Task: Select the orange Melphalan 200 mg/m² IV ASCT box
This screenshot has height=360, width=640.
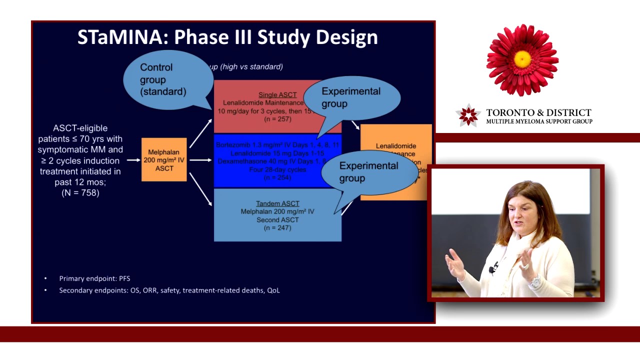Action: point(164,160)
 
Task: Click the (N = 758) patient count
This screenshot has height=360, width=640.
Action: point(80,193)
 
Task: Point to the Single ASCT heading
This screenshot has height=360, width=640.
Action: point(277,94)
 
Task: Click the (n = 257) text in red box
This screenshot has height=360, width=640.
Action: point(277,119)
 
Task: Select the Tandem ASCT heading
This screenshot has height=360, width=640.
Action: point(277,203)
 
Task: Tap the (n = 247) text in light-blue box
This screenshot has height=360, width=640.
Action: point(277,228)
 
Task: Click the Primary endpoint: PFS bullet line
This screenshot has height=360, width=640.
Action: point(94,278)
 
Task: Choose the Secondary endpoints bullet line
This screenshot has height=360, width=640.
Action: point(169,290)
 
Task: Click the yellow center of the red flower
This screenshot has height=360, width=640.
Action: point(522,59)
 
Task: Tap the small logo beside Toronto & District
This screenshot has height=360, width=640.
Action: point(468,116)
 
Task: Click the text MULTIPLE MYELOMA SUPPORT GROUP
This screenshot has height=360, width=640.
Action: point(539,121)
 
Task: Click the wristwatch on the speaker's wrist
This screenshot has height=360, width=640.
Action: point(535,282)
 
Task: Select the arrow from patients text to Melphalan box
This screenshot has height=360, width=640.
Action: point(133,160)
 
